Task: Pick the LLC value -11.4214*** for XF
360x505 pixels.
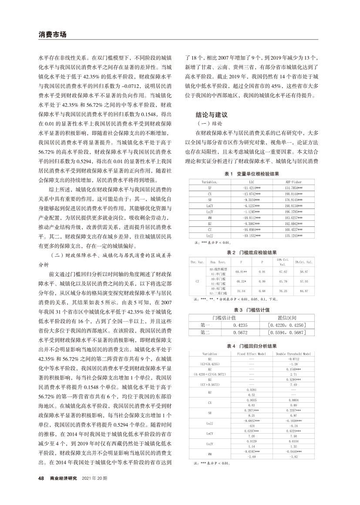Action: pos(252,187)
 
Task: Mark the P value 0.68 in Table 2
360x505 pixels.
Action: pos(262,291)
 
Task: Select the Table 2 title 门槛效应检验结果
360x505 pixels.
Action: pos(258,252)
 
